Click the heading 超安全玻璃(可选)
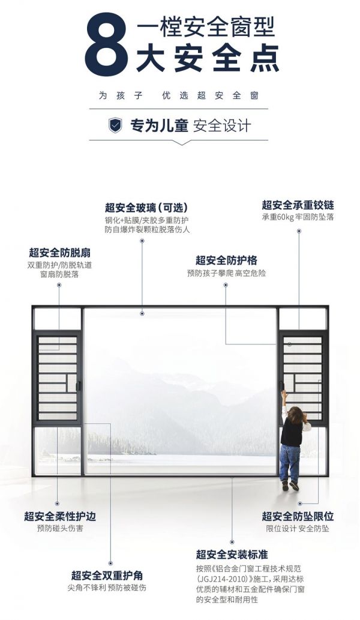click(148, 208)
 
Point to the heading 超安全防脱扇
click(60, 253)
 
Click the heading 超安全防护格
click(226, 260)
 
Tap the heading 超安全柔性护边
click(60, 516)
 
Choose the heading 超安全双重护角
click(107, 575)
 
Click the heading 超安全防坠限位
click(298, 516)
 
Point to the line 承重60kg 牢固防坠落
click(298, 217)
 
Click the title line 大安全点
click(208, 59)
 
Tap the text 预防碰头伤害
click(60, 528)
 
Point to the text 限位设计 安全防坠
click(298, 529)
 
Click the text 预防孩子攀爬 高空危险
click(226, 273)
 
